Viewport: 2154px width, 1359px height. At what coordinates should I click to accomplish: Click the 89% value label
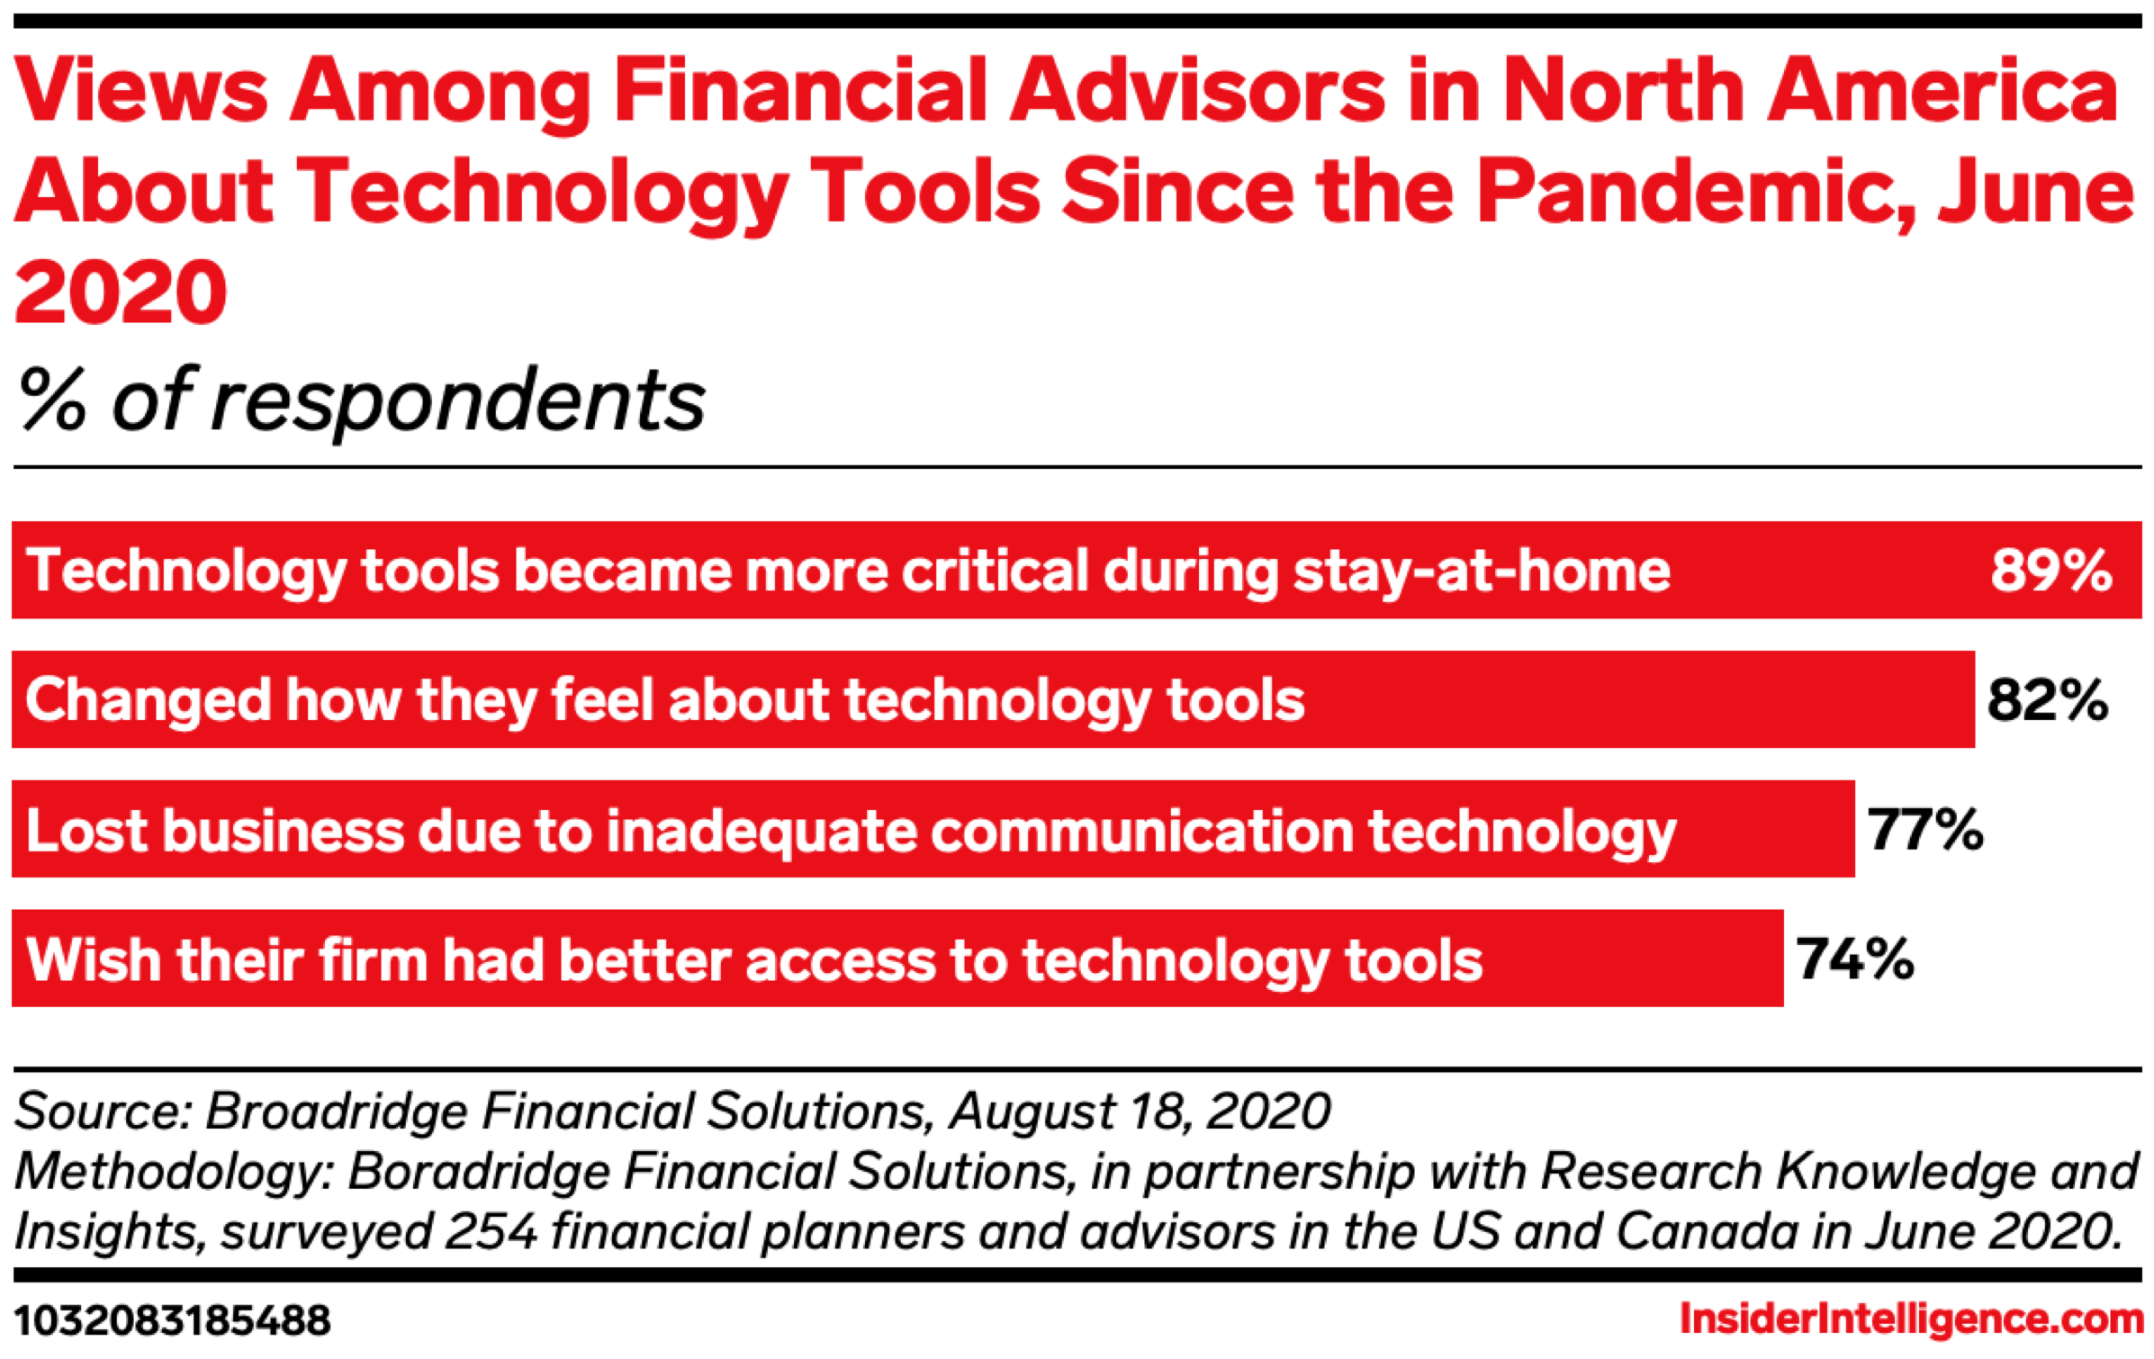pyautogui.click(x=2050, y=570)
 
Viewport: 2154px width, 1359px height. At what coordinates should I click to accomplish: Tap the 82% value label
pyautogui.click(x=2047, y=699)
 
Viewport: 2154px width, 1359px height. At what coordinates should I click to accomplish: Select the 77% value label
pyautogui.click(x=1925, y=829)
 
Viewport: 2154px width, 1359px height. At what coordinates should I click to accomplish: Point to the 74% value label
pyautogui.click(x=1855, y=958)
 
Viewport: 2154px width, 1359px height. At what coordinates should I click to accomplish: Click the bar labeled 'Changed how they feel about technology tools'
pyautogui.click(x=993, y=699)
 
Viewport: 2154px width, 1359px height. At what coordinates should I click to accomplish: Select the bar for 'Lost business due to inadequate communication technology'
pyautogui.click(x=933, y=829)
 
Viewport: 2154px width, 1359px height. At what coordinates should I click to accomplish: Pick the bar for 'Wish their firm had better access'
pyautogui.click(x=897, y=958)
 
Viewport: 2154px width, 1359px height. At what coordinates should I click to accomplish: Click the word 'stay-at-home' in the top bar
pyautogui.click(x=1482, y=571)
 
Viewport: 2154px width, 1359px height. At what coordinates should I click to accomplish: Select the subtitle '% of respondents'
pyautogui.click(x=362, y=400)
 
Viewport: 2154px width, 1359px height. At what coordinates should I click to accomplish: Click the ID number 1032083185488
pyautogui.click(x=173, y=1321)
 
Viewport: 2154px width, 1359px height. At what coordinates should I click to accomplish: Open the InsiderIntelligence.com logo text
pyautogui.click(x=1912, y=1319)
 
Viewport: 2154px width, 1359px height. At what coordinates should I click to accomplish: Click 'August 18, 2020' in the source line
pyautogui.click(x=1140, y=1111)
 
